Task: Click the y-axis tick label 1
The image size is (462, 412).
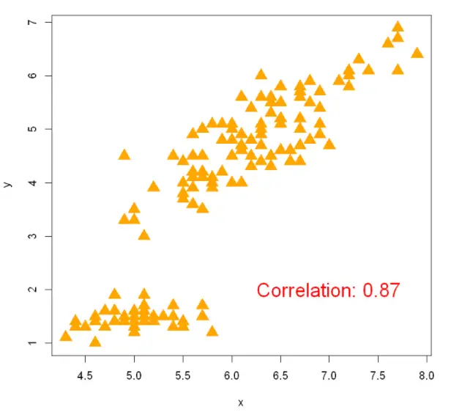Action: (x=31, y=343)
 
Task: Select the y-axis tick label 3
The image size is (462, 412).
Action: (x=31, y=236)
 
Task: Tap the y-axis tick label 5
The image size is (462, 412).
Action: (x=31, y=129)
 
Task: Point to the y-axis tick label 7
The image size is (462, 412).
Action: (x=31, y=23)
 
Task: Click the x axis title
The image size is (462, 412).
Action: (x=240, y=402)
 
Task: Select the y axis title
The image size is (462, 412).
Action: (x=8, y=183)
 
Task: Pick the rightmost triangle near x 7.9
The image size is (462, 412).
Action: (x=417, y=53)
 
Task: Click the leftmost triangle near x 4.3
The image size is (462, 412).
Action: (x=66, y=336)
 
